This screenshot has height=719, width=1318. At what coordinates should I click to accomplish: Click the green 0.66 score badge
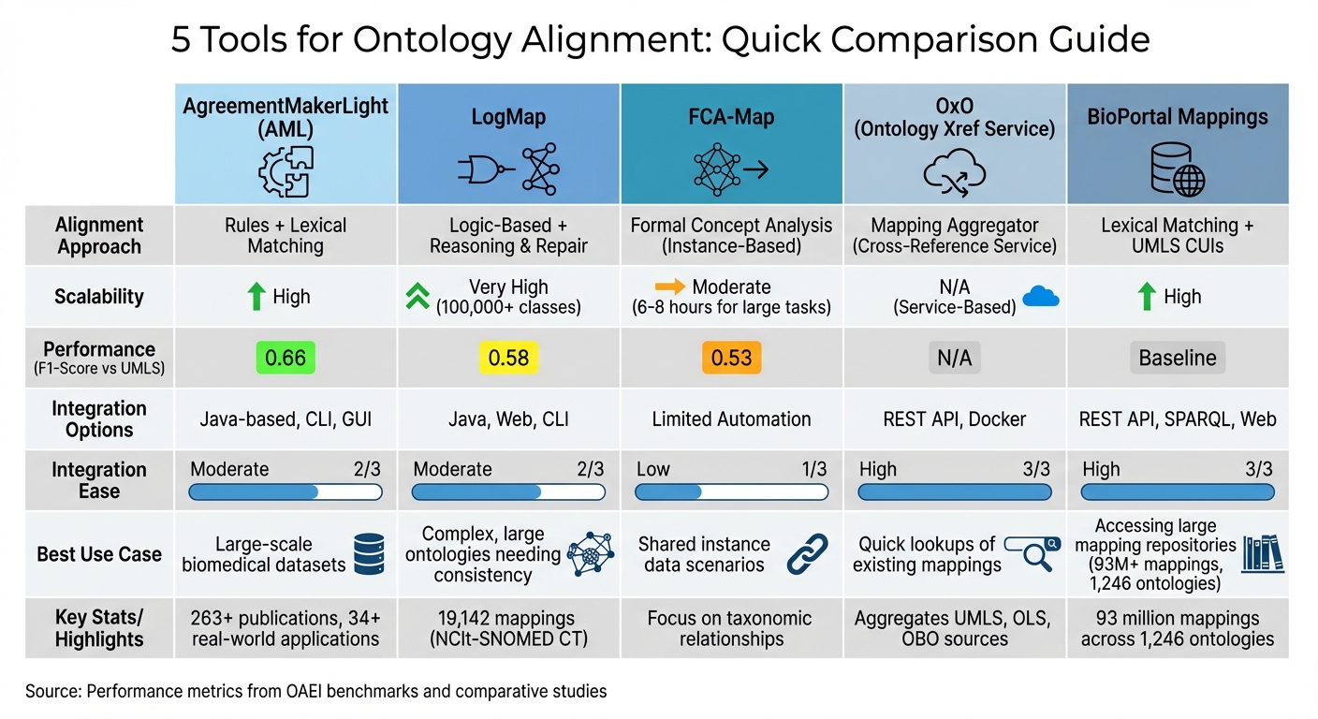point(286,358)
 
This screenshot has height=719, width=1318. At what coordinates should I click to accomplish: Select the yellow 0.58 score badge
point(508,358)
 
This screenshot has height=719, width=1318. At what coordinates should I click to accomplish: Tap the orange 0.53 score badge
point(732,358)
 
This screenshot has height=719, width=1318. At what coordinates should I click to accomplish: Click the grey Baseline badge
point(1178,358)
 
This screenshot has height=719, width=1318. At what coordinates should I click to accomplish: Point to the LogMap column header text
point(508,119)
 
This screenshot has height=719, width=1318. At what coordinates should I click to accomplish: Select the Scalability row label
point(99,297)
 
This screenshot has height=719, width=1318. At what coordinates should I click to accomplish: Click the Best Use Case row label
point(99,554)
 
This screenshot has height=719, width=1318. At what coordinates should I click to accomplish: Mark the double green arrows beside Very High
point(417,297)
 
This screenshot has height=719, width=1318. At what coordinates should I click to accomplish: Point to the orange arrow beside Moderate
point(670,287)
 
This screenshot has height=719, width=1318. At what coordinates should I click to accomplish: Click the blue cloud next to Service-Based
point(1041,297)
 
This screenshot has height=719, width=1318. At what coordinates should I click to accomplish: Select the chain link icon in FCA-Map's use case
point(807,554)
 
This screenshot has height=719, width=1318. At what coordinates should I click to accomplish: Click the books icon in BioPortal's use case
point(1263,553)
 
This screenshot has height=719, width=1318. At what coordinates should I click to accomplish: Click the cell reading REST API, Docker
point(954,419)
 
